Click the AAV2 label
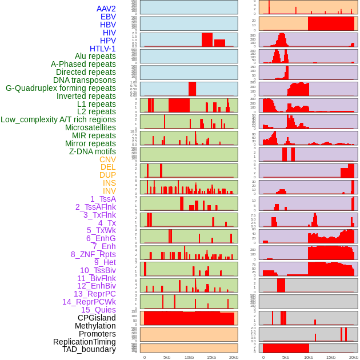[106, 9]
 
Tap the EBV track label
[108, 17]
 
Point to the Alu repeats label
[95, 56]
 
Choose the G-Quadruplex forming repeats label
[61, 88]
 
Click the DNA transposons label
[85, 80]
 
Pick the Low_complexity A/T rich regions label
[58, 119]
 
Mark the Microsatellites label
[90, 127]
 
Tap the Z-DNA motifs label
[93, 151]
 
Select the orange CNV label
[107, 159]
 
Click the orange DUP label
[107, 175]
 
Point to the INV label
[109, 191]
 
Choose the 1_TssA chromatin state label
[103, 199]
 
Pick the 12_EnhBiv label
[96, 286]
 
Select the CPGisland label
[97, 318]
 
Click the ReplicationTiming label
[84, 342]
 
